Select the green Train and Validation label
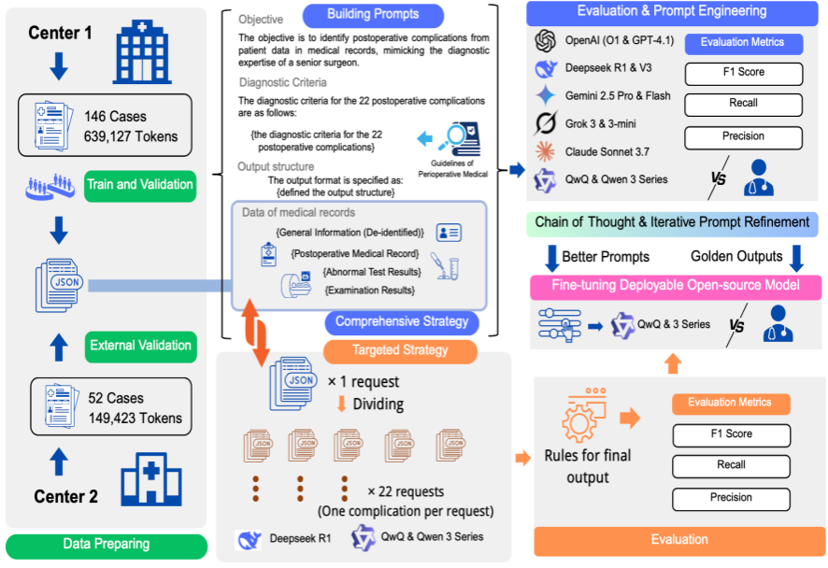139,184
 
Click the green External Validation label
139,346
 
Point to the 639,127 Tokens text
130,136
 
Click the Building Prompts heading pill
373,15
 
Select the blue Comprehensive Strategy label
402,321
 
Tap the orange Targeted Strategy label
400,350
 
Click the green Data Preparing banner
106,544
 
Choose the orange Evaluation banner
679,539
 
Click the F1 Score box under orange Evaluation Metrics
731,434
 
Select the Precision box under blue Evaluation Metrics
743,136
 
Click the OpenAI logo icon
547,41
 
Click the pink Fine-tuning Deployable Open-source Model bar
676,287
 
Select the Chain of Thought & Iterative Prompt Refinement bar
672,222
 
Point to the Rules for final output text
588,467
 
